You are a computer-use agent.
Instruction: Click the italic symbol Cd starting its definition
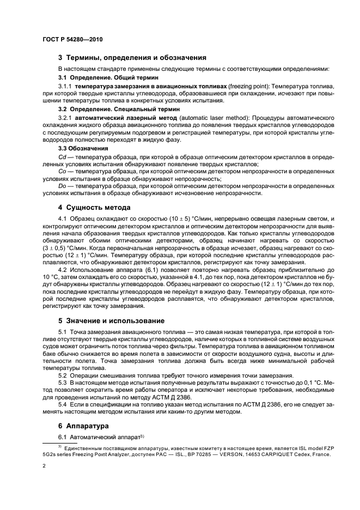click(x=62, y=156)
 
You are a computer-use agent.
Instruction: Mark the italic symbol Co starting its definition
click(x=62, y=172)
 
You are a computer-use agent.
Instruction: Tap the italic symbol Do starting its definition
click(x=62, y=186)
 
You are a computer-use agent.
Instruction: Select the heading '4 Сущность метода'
click(x=94, y=208)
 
